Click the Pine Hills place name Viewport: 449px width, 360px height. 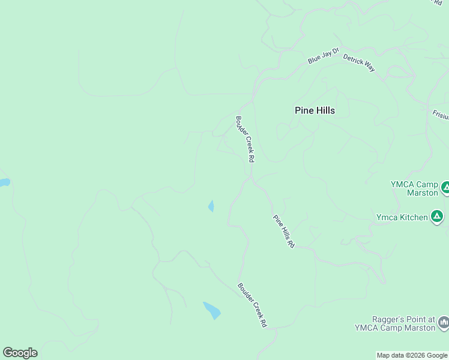tap(315, 110)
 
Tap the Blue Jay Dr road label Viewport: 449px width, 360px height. tap(324, 57)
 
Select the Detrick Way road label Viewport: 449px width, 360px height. tap(359, 62)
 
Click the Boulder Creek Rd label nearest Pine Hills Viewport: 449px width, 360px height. tap(246, 139)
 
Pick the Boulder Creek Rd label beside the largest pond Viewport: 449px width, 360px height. tap(252, 305)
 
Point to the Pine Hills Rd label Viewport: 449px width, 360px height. tap(284, 232)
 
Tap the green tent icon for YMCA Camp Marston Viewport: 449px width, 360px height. tap(445, 188)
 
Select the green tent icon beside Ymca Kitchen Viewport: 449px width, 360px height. tap(437, 217)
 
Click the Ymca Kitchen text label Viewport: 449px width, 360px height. tap(402, 217)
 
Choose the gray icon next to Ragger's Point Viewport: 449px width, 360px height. tap(444, 323)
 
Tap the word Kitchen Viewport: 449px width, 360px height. tap(413, 217)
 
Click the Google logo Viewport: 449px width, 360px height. tap(20, 353)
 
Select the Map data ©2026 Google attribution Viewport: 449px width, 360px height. tap(412, 355)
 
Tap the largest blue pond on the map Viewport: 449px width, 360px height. tap(212, 310)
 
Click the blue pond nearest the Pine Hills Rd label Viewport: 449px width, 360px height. tap(211, 206)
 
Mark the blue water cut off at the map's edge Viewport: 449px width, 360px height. tap(4, 182)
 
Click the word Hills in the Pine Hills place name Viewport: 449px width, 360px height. tap(325, 110)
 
